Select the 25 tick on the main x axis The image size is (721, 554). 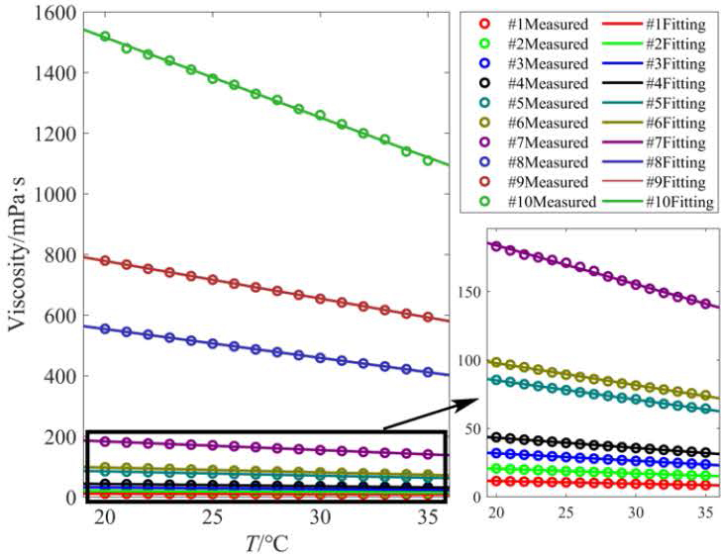pos(212,518)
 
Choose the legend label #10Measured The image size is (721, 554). pos(550,202)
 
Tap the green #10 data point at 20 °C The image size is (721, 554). pos(105,37)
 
